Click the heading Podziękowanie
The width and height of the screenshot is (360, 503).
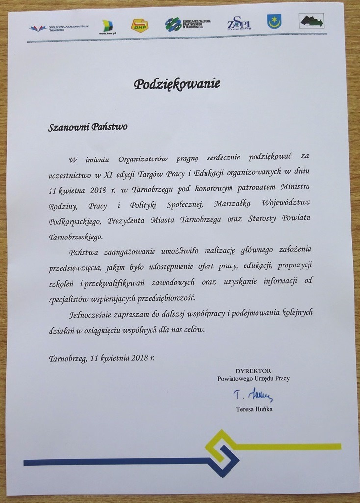coord(178,84)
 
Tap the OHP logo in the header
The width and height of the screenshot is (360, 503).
coord(139,25)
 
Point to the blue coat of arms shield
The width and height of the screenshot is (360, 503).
coord(274,22)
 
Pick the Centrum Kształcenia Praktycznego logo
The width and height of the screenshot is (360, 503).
coord(188,24)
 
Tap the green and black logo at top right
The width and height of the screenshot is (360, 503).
coord(312,21)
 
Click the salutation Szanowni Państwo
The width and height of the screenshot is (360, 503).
coord(87,127)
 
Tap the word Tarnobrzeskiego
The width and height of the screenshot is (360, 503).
coord(76,237)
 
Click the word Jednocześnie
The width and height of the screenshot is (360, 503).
coord(94,313)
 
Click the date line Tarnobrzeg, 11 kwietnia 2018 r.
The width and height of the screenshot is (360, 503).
coord(102,358)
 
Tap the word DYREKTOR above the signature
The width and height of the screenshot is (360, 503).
coord(253,370)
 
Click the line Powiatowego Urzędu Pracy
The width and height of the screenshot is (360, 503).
coord(254,378)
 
